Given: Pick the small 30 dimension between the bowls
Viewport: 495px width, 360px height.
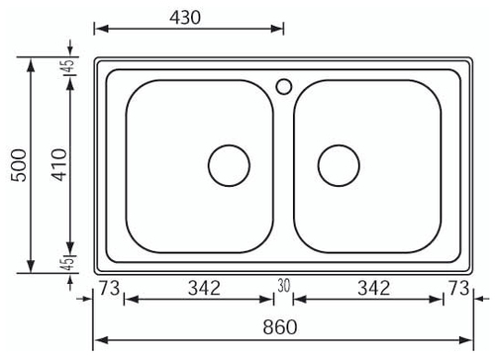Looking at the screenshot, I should click(283, 286).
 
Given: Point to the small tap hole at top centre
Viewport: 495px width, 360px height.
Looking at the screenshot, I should click(283, 85).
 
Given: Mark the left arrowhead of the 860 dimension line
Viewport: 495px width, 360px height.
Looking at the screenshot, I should click(99, 339).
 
